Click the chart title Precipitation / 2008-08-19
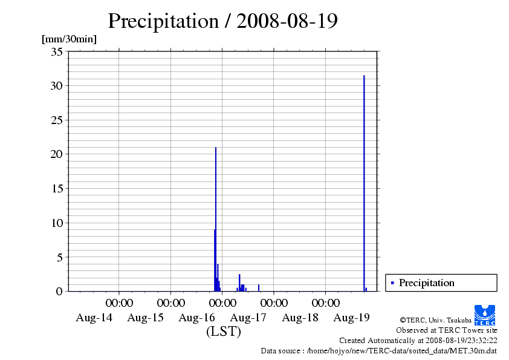coord(222,21)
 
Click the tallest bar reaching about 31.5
coord(364,182)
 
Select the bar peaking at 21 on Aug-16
coord(216,218)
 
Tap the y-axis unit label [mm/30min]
coord(69,39)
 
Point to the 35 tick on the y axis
coord(56,51)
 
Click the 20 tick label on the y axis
coord(56,154)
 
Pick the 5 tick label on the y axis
coord(59,257)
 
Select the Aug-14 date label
coord(94,317)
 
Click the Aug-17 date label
coord(248,317)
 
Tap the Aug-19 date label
coord(352,317)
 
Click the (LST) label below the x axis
coord(224,332)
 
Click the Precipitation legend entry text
coord(427,283)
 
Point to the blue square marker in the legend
coord(392,283)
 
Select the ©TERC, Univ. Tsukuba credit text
coord(435,319)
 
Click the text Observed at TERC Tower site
coord(446,330)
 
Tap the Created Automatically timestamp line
coord(418,341)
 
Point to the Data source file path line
coord(378,350)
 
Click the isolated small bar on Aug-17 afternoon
coord(259,288)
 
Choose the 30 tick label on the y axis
coord(56,86)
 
